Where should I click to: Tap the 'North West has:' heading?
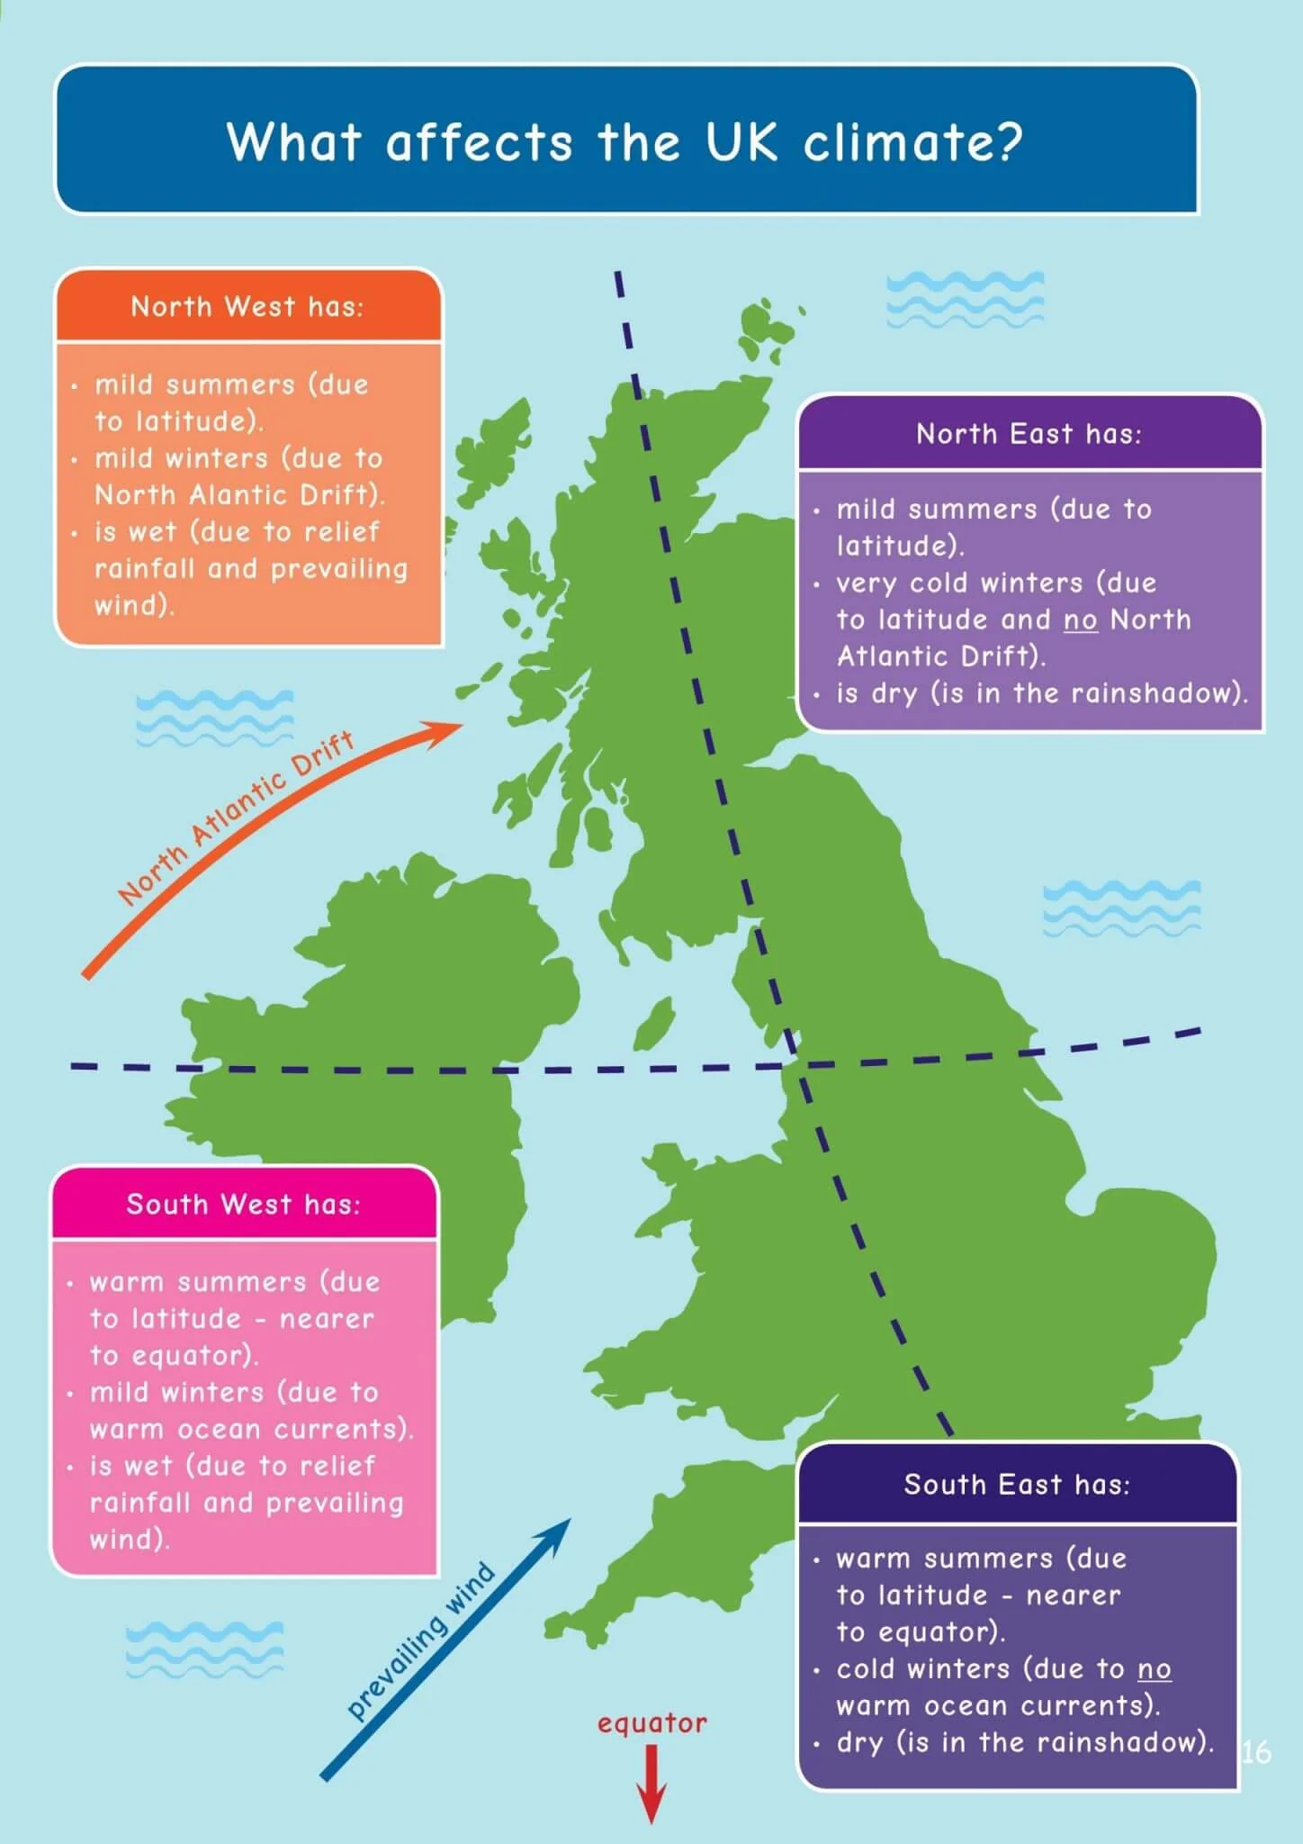tap(247, 307)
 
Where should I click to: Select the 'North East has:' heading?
tap(1029, 434)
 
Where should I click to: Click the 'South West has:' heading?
tap(243, 1205)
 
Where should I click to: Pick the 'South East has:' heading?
tap(1017, 1485)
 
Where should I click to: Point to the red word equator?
tap(651, 1723)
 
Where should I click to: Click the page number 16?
tap(1256, 1751)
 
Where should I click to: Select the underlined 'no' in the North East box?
tap(1080, 620)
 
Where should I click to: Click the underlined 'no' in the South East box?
tap(1154, 1669)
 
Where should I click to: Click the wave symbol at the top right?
tap(965, 300)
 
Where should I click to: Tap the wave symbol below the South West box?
tap(204, 1650)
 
